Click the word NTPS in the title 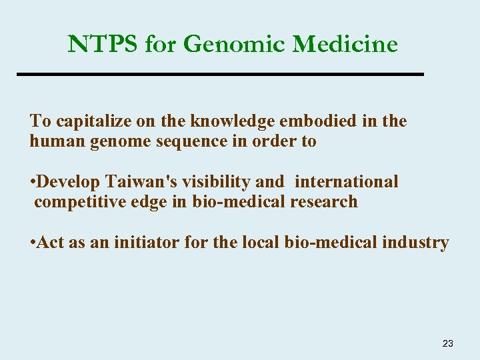click(x=103, y=45)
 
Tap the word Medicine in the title click(x=345, y=45)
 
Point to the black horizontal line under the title click(x=220, y=73)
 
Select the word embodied click(x=321, y=121)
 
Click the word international click(x=346, y=182)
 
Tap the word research click(x=324, y=202)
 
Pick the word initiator click(x=147, y=243)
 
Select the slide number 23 click(x=447, y=343)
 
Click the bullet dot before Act click(x=32, y=243)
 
